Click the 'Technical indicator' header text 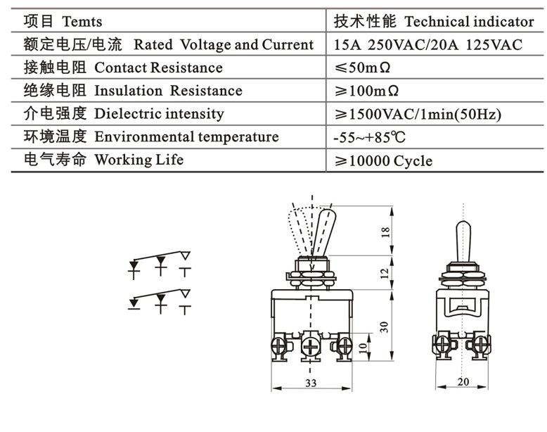tap(469, 22)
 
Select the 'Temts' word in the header tap(82, 22)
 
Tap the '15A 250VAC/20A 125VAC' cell tap(428, 45)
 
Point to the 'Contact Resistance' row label tap(158, 68)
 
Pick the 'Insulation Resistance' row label tap(168, 91)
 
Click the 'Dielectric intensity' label tap(159, 113)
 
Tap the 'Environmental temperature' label tap(186, 136)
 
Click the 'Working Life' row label tap(139, 160)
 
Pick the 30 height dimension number tap(385, 326)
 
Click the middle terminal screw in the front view tap(310, 347)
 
